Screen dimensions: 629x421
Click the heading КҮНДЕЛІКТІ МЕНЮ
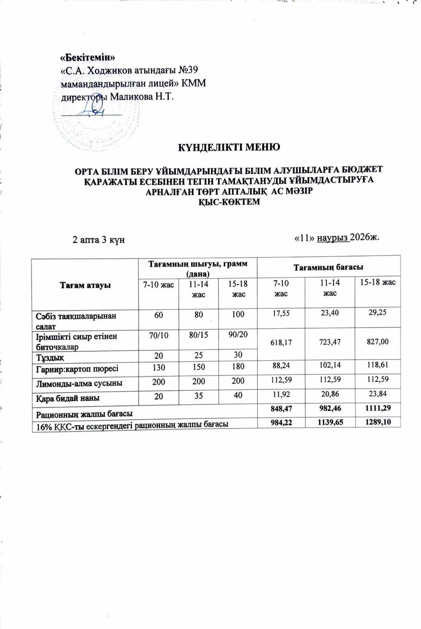click(x=229, y=147)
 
